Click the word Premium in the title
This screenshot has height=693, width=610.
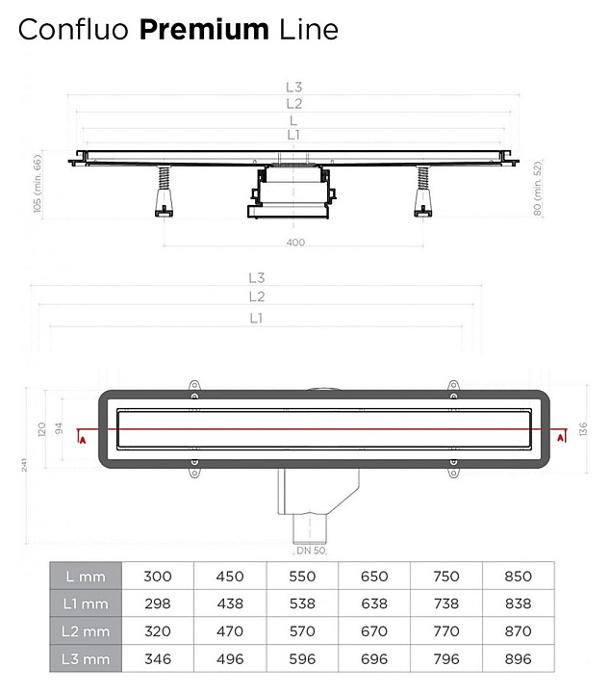pos(204,30)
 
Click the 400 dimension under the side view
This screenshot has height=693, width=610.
pos(295,243)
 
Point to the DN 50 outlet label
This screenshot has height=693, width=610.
pos(311,551)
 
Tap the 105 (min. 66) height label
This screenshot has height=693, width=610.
pos(38,184)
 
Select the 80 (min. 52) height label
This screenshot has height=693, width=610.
pos(537,189)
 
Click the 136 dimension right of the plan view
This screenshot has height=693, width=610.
pos(583,429)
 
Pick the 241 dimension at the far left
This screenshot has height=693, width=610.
pos(24,465)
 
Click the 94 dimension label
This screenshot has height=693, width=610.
pos(59,428)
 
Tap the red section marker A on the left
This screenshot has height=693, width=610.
pos(82,440)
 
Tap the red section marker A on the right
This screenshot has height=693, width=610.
pos(561,438)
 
